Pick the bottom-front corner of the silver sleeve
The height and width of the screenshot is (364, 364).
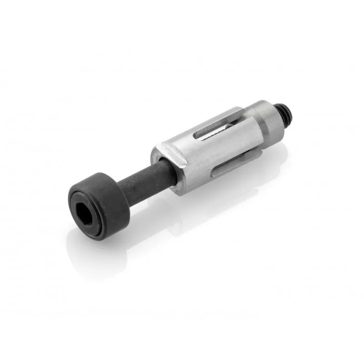(182, 191)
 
